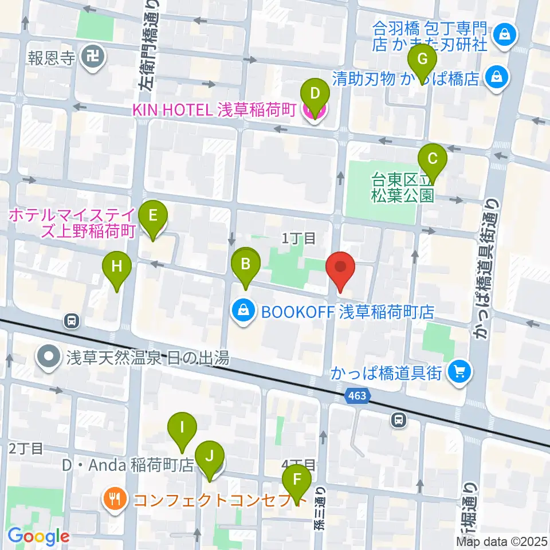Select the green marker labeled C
(433, 158)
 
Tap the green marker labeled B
(246, 264)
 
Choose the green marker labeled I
(182, 427)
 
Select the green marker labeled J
(210, 457)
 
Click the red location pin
(340, 267)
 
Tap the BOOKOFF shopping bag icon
(244, 312)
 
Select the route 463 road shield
(358, 395)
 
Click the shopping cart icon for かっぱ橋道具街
(460, 373)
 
